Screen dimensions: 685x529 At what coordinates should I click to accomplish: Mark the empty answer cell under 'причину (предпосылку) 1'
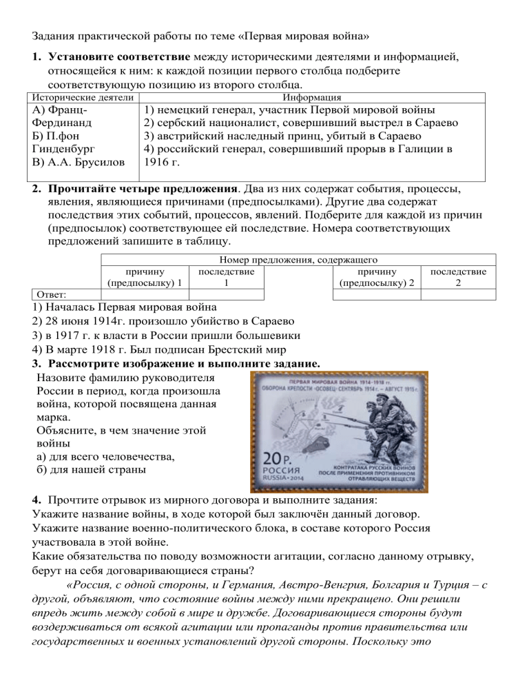pyautogui.click(x=144, y=294)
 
